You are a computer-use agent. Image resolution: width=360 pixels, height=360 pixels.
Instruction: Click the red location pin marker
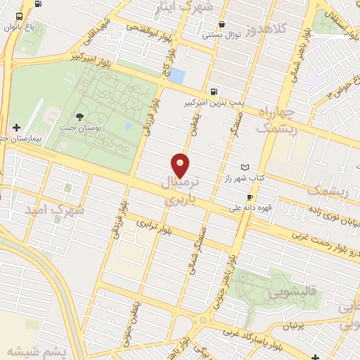[181, 165]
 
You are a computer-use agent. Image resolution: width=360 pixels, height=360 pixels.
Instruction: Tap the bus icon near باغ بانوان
[18, 16]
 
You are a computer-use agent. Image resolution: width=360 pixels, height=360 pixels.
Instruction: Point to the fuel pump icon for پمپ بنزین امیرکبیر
[213, 91]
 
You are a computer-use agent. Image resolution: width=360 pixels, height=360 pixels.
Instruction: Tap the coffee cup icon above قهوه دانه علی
[250, 197]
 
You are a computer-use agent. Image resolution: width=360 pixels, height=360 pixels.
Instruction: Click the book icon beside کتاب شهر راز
[245, 167]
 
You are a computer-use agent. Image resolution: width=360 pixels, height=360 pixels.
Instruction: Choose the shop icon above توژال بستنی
[222, 24]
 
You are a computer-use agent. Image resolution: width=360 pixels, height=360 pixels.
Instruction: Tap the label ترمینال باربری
[181, 191]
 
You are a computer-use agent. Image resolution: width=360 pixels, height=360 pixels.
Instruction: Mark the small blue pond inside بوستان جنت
[128, 127]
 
